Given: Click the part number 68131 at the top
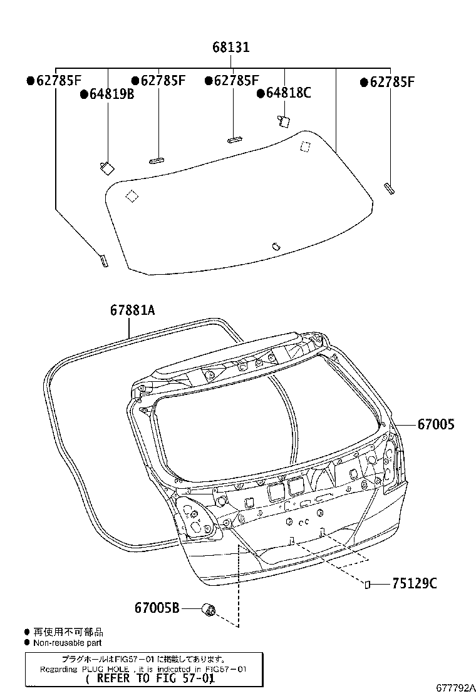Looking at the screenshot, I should point(232,48).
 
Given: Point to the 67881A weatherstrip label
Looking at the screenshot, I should point(132,310).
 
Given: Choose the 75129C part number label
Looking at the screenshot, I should point(414,584).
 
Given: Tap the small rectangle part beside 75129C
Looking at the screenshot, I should point(368,585).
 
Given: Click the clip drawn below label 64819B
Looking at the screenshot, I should point(106,166).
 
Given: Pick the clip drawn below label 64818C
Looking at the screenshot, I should point(283,121).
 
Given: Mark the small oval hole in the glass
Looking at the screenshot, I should point(276,246).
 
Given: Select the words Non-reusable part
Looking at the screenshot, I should point(67,642).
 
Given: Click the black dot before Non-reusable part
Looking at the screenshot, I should point(27,642).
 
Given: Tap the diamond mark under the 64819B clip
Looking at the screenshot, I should point(131,196).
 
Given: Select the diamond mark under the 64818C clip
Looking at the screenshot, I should point(306,146).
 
